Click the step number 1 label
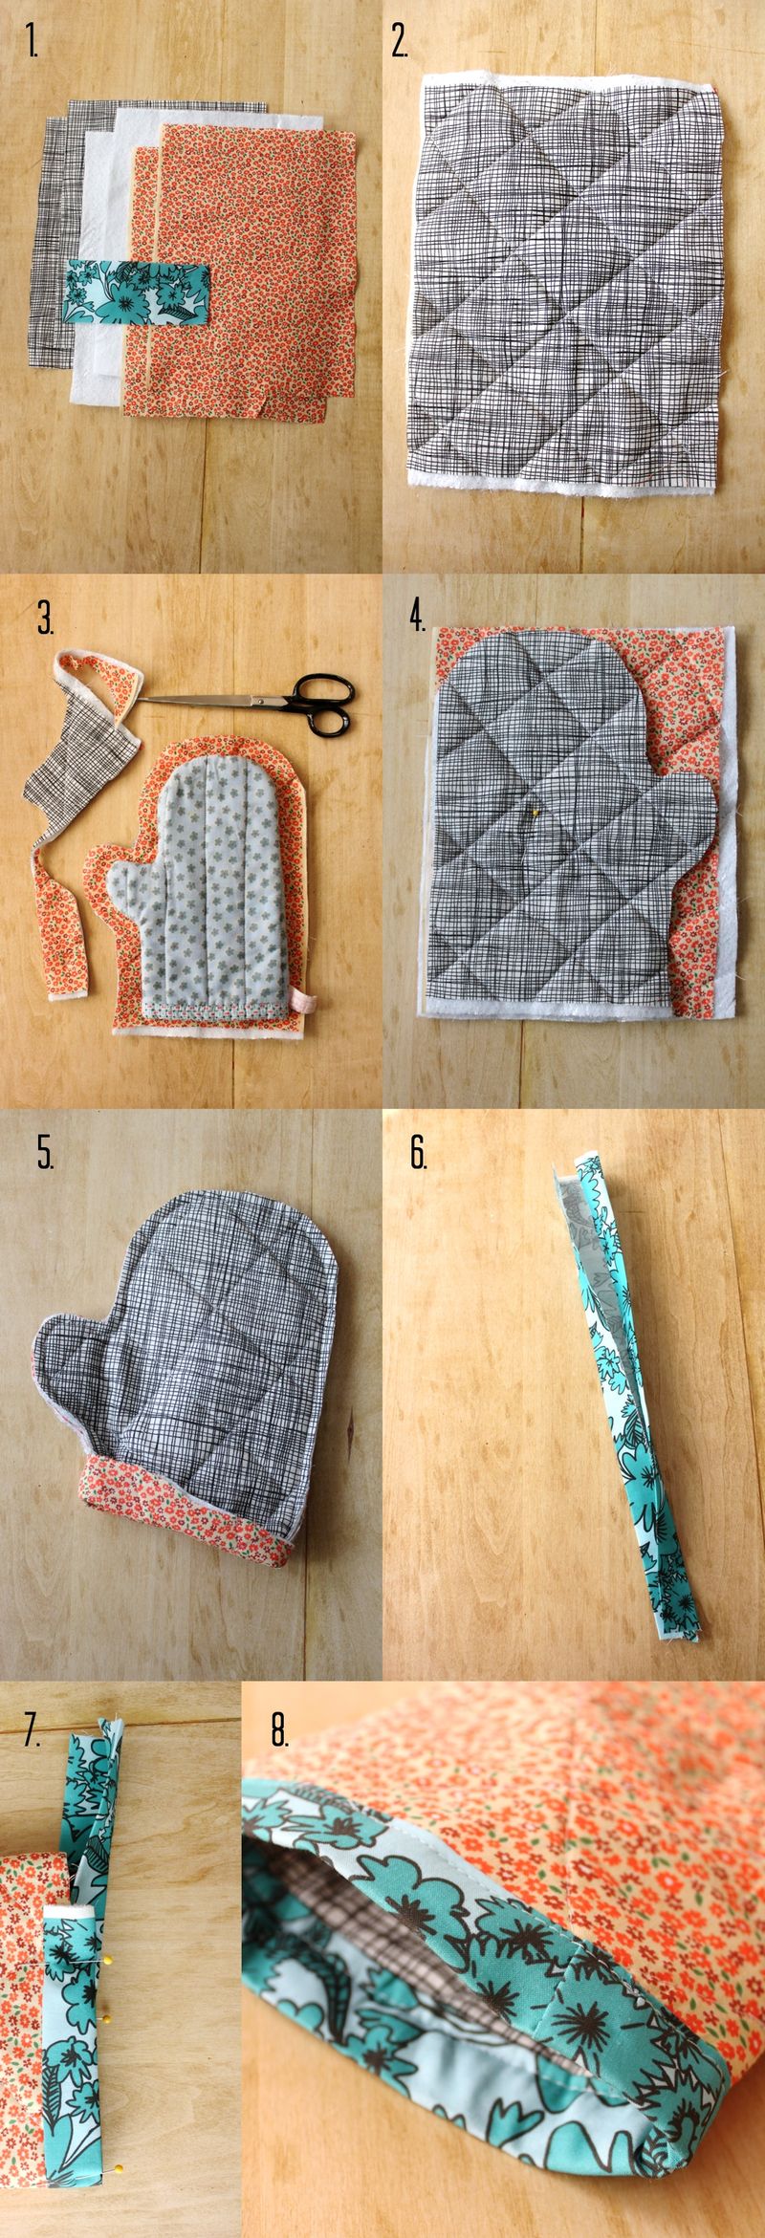click(x=34, y=43)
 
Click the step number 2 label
click(x=400, y=43)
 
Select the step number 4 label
click(x=418, y=619)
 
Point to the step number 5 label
click(x=45, y=1154)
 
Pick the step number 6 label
click(x=418, y=1154)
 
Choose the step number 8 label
click(x=279, y=1727)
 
